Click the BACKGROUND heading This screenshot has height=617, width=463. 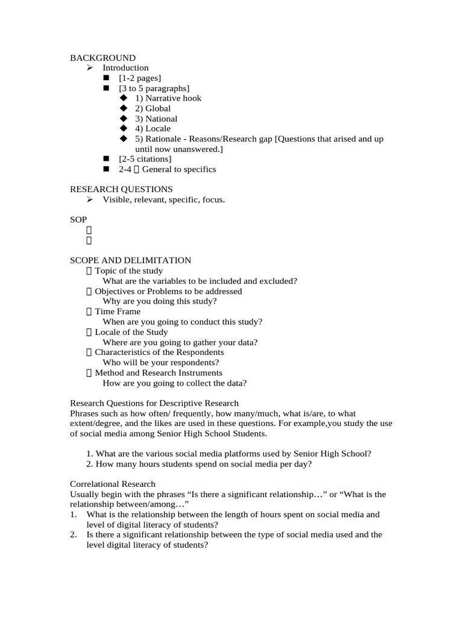click(x=102, y=58)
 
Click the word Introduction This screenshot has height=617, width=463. click(x=125, y=68)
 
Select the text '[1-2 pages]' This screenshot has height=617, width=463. click(x=140, y=78)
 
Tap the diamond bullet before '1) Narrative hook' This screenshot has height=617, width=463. click(x=124, y=98)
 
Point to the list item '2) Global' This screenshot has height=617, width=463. click(x=153, y=108)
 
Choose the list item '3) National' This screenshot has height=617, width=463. click(x=156, y=119)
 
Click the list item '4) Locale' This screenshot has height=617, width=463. click(x=153, y=128)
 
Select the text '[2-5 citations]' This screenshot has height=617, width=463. click(x=145, y=159)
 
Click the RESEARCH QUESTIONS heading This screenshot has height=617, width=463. click(x=121, y=189)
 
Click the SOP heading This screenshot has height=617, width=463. click(x=78, y=220)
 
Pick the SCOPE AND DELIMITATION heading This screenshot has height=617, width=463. click(x=130, y=260)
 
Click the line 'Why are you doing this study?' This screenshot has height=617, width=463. click(x=160, y=301)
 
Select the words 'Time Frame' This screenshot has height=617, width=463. click(x=118, y=312)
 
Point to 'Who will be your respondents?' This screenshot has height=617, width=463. click(x=160, y=363)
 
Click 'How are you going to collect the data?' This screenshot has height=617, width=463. click(x=174, y=383)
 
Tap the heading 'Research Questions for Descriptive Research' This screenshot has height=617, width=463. click(x=154, y=403)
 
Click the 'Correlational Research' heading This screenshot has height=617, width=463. click(x=113, y=484)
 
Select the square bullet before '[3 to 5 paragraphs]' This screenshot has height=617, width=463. click(x=107, y=89)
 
